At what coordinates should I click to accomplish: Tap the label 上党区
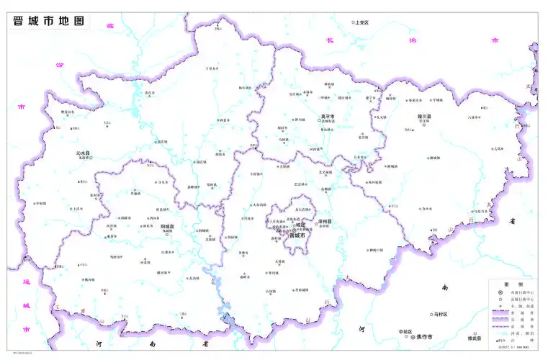[x=362, y=22]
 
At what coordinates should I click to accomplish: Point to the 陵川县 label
[x=423, y=115]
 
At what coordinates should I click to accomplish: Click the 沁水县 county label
[x=84, y=153]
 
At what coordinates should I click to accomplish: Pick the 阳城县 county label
[x=167, y=226]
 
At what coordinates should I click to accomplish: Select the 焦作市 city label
[x=425, y=337]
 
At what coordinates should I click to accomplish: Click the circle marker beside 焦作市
[x=413, y=337]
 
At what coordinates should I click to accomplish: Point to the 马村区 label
[x=441, y=314]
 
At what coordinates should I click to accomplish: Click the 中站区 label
[x=405, y=331]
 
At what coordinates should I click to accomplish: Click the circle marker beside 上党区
[x=353, y=22]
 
